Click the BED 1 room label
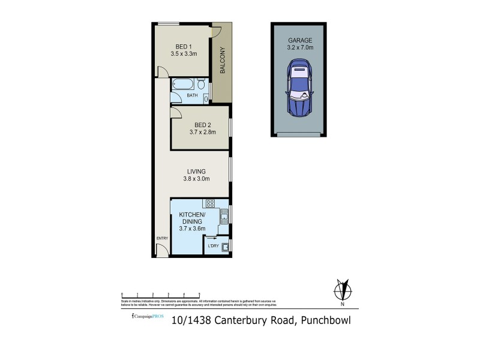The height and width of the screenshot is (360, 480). [183, 47]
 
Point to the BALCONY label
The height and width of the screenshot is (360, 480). [222, 60]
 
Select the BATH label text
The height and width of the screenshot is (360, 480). [191, 95]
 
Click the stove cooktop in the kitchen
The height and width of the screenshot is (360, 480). [209, 203]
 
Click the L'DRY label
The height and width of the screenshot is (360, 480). [212, 245]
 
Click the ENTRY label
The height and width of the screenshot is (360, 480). [162, 239]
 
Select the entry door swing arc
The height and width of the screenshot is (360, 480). [162, 251]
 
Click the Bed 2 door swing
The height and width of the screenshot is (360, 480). [176, 112]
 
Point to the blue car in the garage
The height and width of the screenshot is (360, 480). [299, 88]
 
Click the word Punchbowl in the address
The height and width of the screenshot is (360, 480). [326, 320]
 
